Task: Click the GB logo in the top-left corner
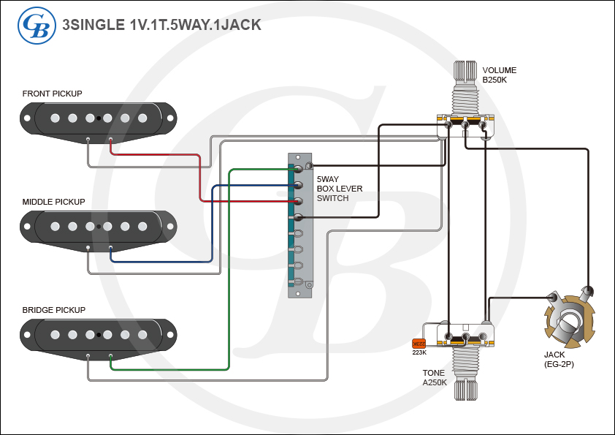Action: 37,25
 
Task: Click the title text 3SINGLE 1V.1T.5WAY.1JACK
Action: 161,25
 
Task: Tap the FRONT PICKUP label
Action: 52,94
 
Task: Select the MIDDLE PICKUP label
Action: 53,202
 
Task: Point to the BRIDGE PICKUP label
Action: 54,310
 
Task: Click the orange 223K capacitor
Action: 419,344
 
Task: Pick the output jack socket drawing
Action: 570,318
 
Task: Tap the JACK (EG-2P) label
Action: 559,359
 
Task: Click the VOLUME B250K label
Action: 500,75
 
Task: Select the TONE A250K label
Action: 434,378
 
